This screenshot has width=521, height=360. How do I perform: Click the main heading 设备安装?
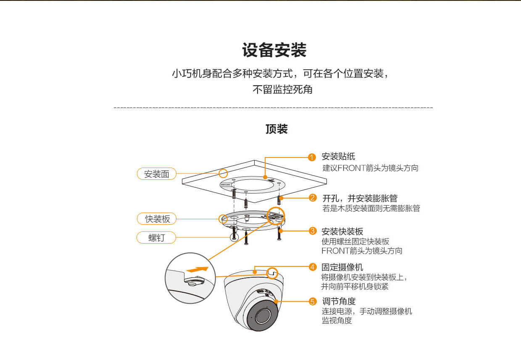[x=274, y=50]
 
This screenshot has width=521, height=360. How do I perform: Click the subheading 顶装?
[x=276, y=129]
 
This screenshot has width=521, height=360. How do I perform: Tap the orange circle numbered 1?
[x=312, y=158]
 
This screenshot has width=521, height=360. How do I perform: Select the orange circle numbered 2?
[x=312, y=198]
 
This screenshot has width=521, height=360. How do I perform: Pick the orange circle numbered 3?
[x=312, y=231]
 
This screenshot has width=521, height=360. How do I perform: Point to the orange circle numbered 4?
[x=312, y=267]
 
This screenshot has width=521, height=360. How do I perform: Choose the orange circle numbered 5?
[x=312, y=301]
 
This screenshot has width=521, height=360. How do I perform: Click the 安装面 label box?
[x=156, y=174]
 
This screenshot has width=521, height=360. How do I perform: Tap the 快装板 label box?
[x=156, y=219]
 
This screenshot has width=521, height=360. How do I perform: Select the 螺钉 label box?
[x=156, y=238]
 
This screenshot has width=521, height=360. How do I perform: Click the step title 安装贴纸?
[x=338, y=157]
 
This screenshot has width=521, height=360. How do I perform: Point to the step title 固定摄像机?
[x=342, y=267]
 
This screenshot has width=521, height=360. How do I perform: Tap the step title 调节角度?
[x=339, y=301]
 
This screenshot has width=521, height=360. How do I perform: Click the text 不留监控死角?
[x=282, y=89]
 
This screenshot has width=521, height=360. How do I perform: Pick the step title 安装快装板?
[x=342, y=231]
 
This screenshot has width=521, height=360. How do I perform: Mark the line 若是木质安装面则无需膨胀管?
[x=371, y=208]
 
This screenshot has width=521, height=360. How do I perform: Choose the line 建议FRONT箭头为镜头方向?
[x=370, y=168]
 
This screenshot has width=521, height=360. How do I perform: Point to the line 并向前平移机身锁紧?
[x=355, y=286]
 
